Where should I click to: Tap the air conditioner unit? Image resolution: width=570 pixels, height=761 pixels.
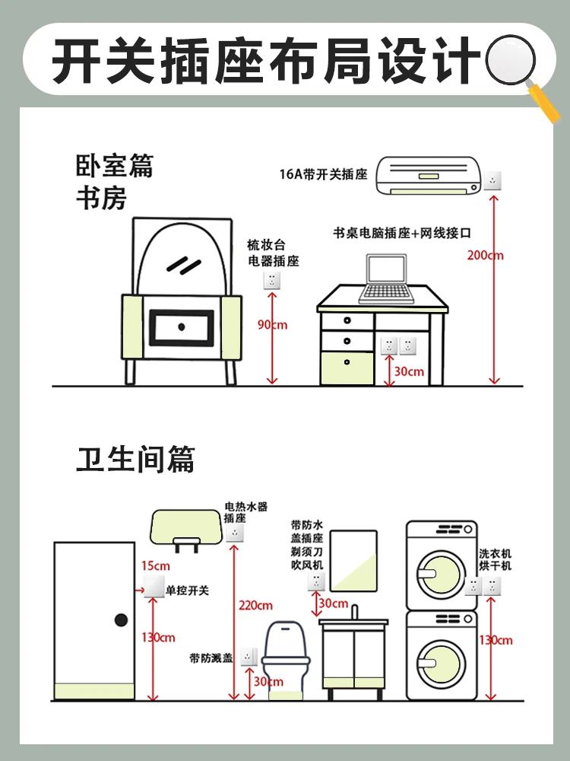point(429,176)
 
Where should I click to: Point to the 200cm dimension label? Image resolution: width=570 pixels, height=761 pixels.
point(486,255)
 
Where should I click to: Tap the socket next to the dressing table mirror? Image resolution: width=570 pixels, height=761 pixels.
point(271,280)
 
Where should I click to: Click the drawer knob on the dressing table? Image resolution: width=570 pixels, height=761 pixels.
point(182,326)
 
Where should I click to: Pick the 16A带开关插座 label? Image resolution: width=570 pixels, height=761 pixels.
point(323,174)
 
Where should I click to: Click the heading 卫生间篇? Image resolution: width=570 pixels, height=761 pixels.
point(135,460)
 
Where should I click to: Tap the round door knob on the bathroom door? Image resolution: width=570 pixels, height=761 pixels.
point(120,620)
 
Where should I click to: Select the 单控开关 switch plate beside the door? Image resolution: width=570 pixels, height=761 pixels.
point(154,588)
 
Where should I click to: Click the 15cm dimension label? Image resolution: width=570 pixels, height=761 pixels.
point(155,565)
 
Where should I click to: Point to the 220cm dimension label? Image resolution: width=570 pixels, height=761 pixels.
point(255,606)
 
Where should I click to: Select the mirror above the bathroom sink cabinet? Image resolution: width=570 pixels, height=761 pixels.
point(347,560)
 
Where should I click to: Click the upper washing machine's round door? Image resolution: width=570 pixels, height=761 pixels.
point(442,572)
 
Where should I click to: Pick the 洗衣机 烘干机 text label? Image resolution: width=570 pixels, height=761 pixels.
point(496,560)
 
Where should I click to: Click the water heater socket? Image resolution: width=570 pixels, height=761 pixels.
point(234,533)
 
